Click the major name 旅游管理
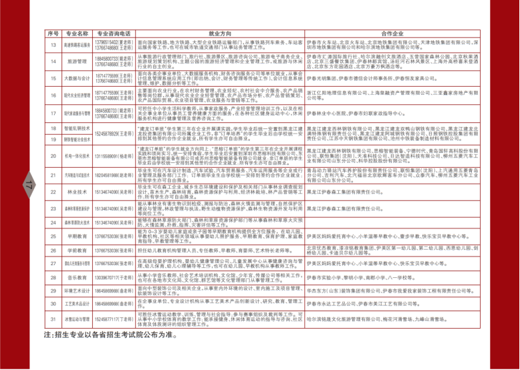pyautogui.click(x=78, y=61)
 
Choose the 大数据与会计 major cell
pyautogui.click(x=78, y=78)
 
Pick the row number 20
pyautogui.click(x=53, y=156)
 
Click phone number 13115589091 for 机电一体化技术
pyautogui.click(x=110, y=156)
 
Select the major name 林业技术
pyautogui.click(x=78, y=192)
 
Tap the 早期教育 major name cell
pyautogui.click(x=78, y=236)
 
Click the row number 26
pyautogui.click(x=53, y=250)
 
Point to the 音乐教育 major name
pyautogui.click(x=78, y=277)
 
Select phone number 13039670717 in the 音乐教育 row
pyautogui.click(x=110, y=277)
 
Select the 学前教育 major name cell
pyautogui.click(x=78, y=250)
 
